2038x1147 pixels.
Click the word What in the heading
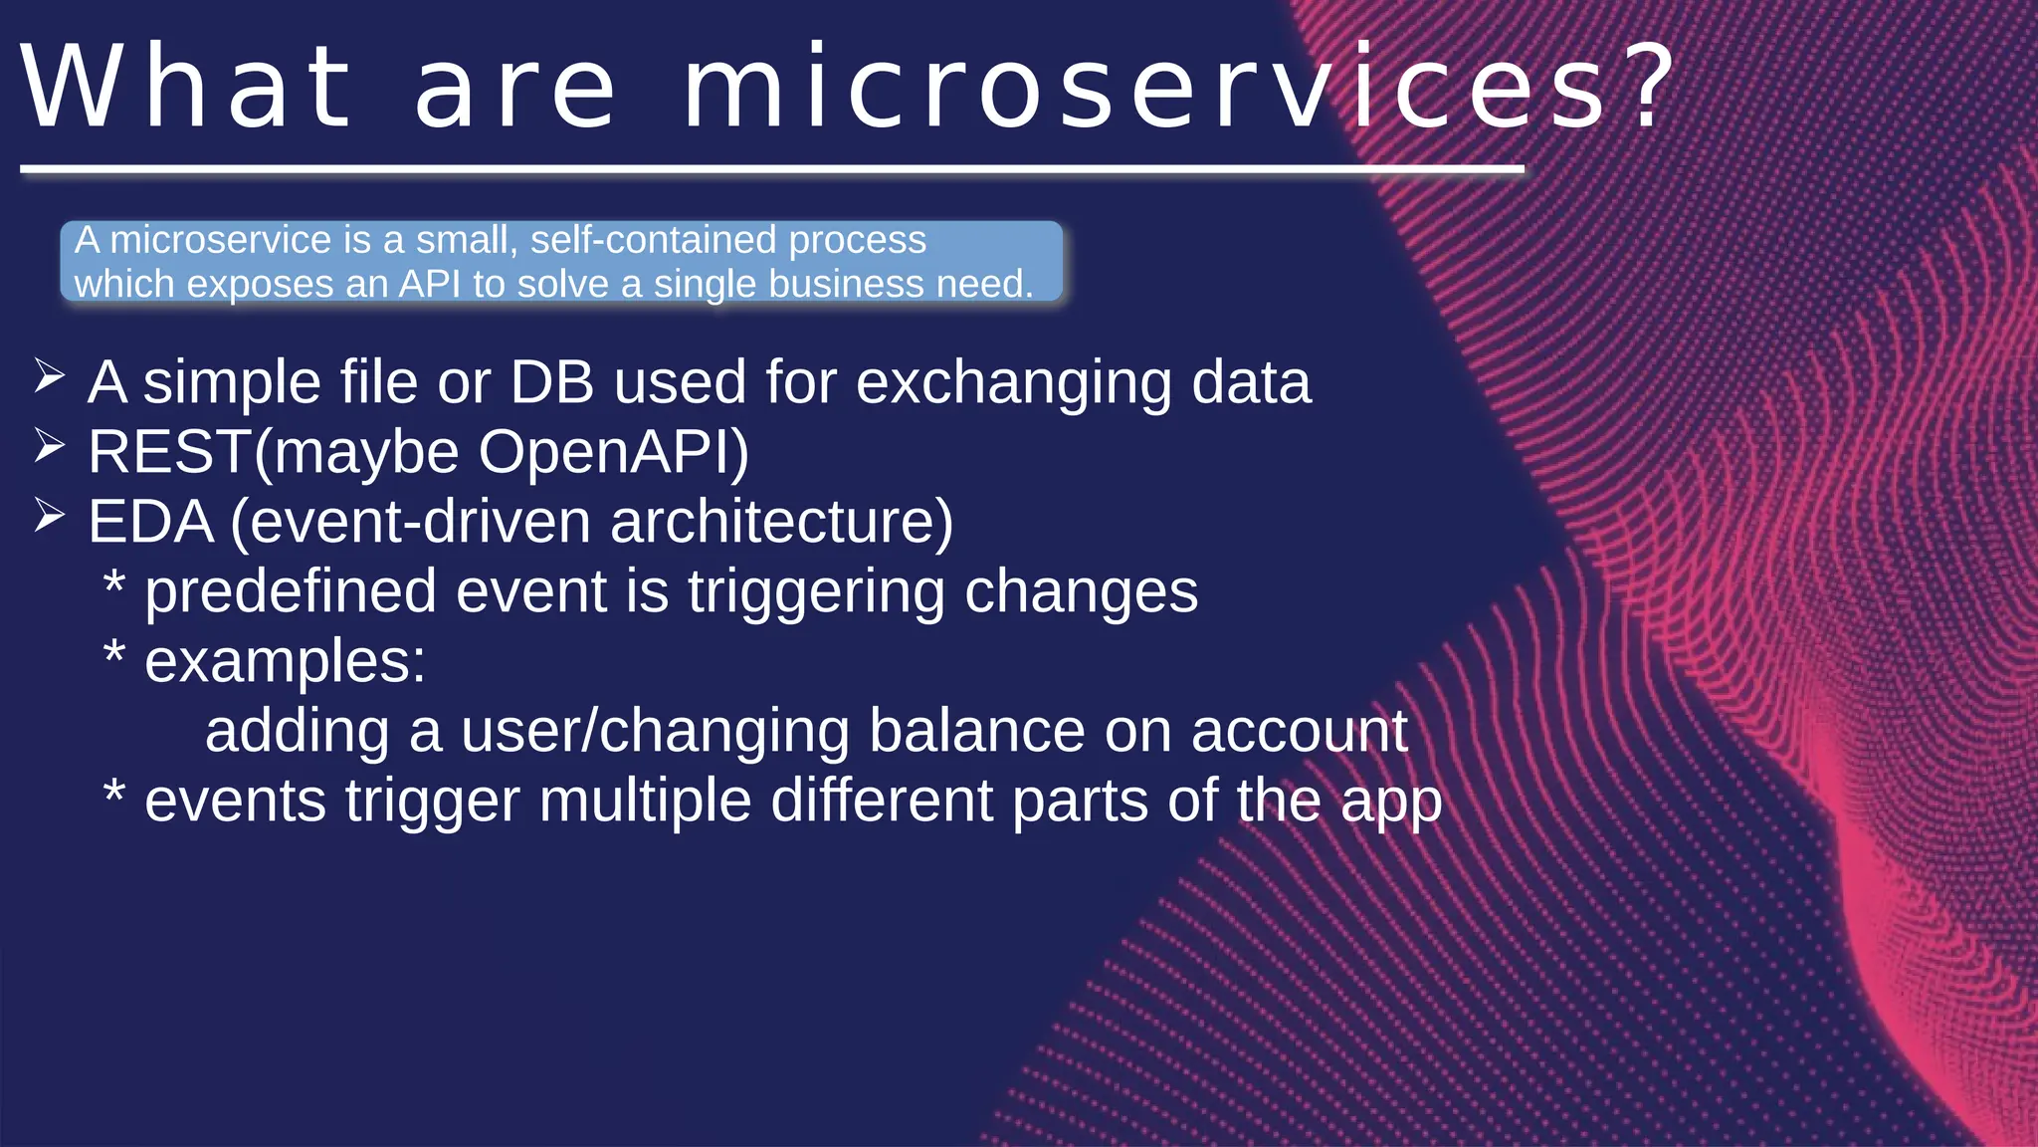coord(186,88)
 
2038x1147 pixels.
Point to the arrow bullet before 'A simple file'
coord(49,377)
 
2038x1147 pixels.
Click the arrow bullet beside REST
coord(49,446)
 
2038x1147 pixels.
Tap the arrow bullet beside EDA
coord(49,516)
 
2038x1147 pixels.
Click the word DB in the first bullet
coord(551,382)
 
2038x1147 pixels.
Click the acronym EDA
coord(150,522)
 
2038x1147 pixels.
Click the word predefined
coord(291,593)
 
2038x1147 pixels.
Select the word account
coord(1299,731)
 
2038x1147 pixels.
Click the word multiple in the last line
coord(644,801)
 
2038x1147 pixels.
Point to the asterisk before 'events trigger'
coord(114,795)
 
